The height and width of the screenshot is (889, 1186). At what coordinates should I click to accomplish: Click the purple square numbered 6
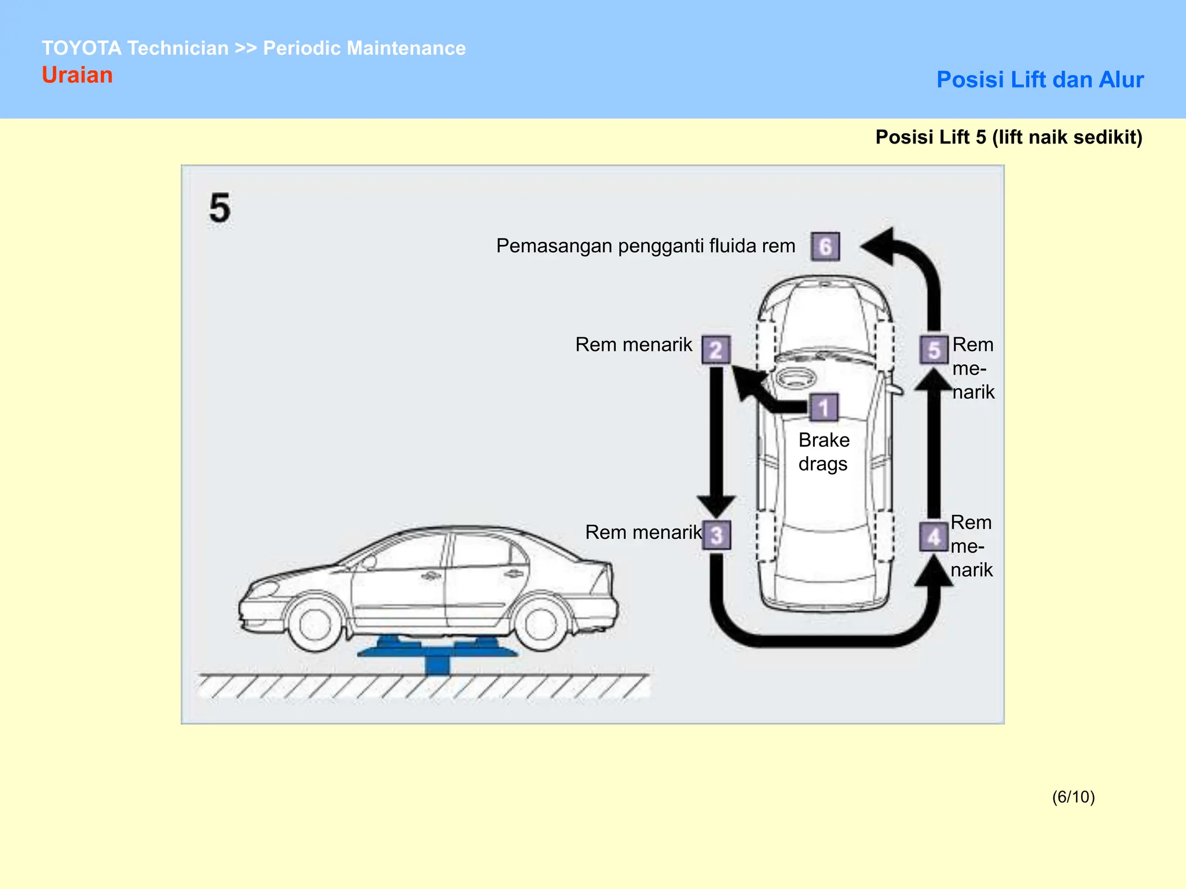825,247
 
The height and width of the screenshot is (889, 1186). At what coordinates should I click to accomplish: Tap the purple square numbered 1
823,407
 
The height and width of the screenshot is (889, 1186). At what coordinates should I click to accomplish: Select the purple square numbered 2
716,350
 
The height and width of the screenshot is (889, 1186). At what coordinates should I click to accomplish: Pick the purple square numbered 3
716,535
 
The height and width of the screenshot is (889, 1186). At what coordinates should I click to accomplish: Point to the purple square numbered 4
934,537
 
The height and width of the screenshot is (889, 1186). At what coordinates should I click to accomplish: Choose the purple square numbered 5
934,350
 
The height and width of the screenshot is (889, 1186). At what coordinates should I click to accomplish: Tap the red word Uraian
77,75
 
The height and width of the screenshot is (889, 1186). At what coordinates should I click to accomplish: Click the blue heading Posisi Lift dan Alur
1039,80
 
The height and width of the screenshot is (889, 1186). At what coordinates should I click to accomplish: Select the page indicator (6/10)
1073,797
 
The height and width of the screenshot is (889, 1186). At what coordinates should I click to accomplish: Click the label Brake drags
823,452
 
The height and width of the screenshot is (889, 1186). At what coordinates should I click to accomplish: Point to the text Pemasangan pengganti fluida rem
645,246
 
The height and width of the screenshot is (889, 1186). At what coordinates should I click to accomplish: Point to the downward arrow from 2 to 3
716,440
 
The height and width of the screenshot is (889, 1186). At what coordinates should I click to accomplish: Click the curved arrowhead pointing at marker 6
880,246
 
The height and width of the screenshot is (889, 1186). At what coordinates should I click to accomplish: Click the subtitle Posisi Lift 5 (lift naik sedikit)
1008,137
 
